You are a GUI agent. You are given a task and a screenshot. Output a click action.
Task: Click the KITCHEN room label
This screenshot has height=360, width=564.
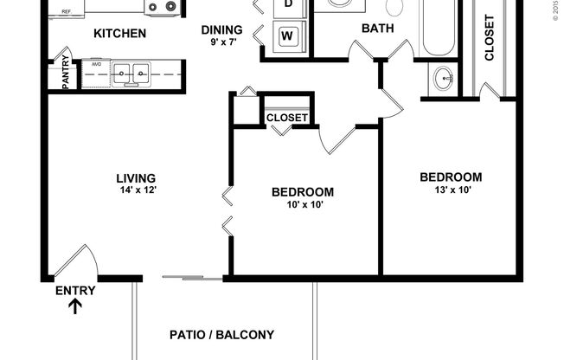pos(119,35)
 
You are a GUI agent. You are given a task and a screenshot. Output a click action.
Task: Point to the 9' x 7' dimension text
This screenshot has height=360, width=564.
pos(223,41)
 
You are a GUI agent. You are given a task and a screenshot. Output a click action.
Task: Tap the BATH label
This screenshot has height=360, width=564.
pos(377,29)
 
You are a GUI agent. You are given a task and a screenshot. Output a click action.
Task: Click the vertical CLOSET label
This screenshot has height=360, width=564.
pos(490,38)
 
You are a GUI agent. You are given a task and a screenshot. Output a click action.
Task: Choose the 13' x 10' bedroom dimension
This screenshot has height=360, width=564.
pos(450,190)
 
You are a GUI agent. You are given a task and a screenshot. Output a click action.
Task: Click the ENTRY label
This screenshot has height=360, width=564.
pos(75,291)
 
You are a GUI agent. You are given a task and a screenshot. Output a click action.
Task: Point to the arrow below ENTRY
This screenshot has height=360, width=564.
pos(76,305)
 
